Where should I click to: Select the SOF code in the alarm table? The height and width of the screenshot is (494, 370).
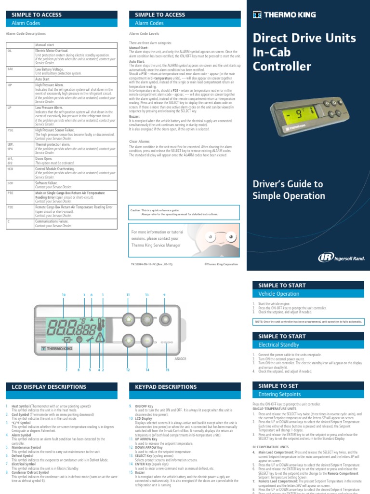point(10,183)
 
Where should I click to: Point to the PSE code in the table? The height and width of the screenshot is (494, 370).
point(10,130)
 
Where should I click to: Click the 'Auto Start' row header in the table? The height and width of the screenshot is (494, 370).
point(42,79)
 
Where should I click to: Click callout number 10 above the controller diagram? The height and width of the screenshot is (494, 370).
point(63,295)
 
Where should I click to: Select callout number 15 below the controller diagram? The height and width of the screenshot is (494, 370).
point(168,370)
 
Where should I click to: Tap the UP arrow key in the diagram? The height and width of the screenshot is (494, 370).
point(129,319)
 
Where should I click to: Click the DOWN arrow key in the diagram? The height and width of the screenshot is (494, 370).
point(129,341)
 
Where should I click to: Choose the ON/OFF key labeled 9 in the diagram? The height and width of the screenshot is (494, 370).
point(164,319)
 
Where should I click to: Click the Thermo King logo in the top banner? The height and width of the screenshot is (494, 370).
point(284,15)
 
